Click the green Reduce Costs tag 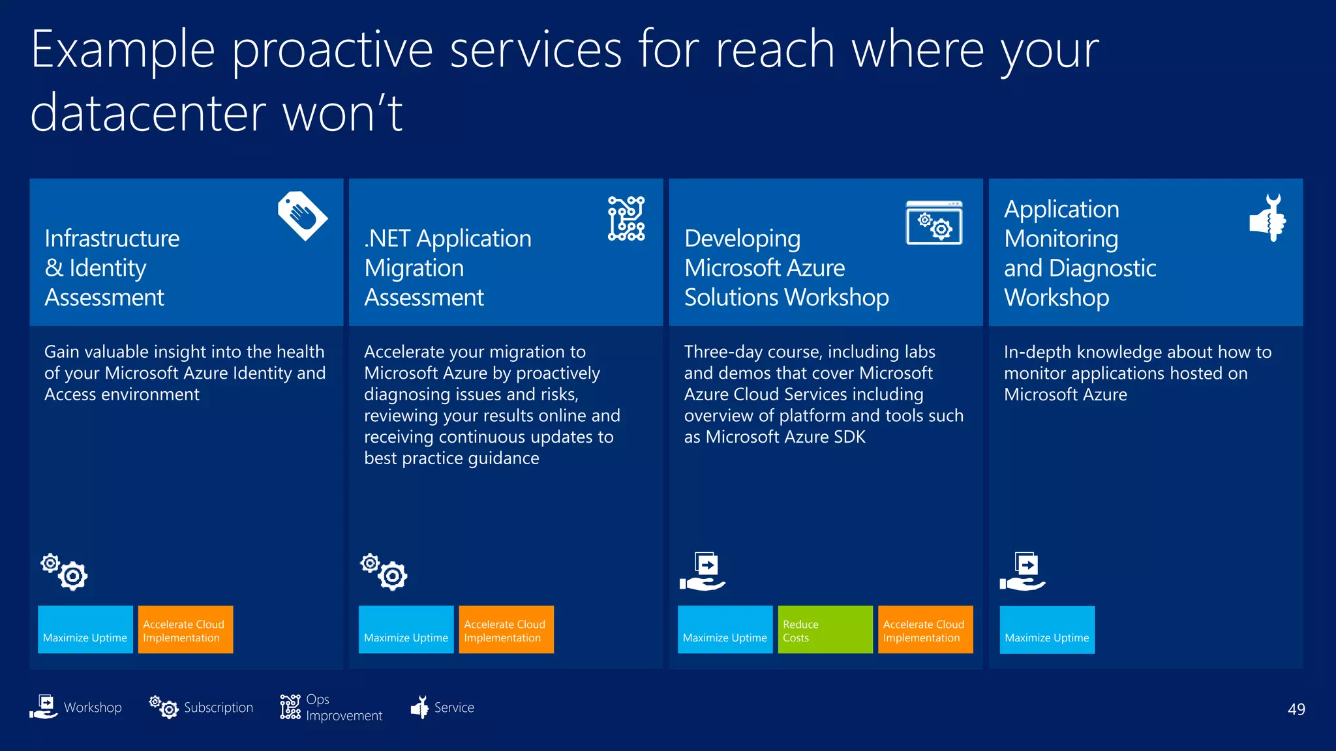click(825, 630)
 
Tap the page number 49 click(1296, 709)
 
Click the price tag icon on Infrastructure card click(302, 216)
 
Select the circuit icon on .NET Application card click(626, 218)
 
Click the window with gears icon click(934, 223)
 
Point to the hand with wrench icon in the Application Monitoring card click(1268, 218)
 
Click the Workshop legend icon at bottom click(44, 707)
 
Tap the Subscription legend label click(218, 707)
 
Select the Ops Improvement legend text click(343, 707)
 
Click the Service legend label click(454, 707)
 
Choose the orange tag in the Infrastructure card click(185, 630)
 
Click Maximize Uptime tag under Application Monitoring click(1046, 630)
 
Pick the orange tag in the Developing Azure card click(924, 630)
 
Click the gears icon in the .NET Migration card click(384, 572)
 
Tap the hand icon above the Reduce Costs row click(703, 572)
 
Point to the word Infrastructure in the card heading click(112, 239)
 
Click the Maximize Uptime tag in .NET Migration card click(406, 630)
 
